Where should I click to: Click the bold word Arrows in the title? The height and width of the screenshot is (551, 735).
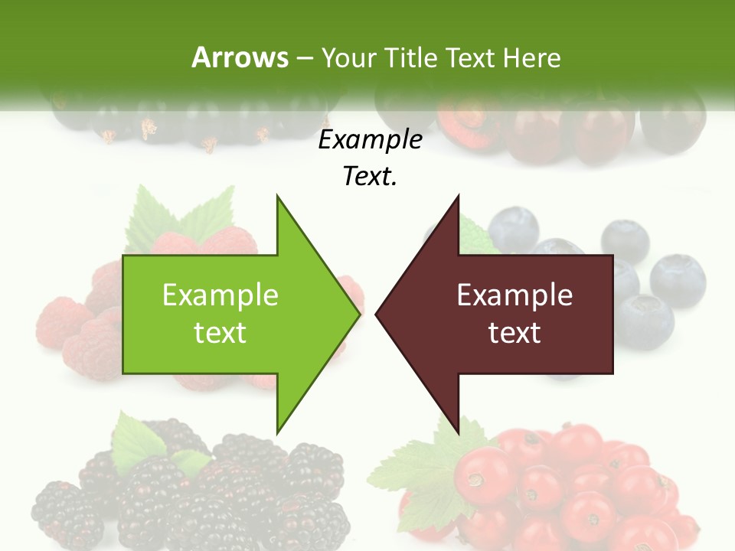click(x=240, y=57)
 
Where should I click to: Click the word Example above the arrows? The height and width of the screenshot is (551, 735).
click(x=370, y=140)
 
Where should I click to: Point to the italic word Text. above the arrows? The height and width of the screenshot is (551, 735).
click(x=370, y=177)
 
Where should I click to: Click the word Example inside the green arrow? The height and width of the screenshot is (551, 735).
click(x=220, y=295)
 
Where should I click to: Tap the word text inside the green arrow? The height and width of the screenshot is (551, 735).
click(x=220, y=333)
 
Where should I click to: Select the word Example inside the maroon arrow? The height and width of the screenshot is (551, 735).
click(x=514, y=295)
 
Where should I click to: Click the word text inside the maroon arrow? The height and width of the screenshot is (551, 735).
click(x=514, y=333)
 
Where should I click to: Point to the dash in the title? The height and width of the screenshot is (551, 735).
click(x=304, y=58)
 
